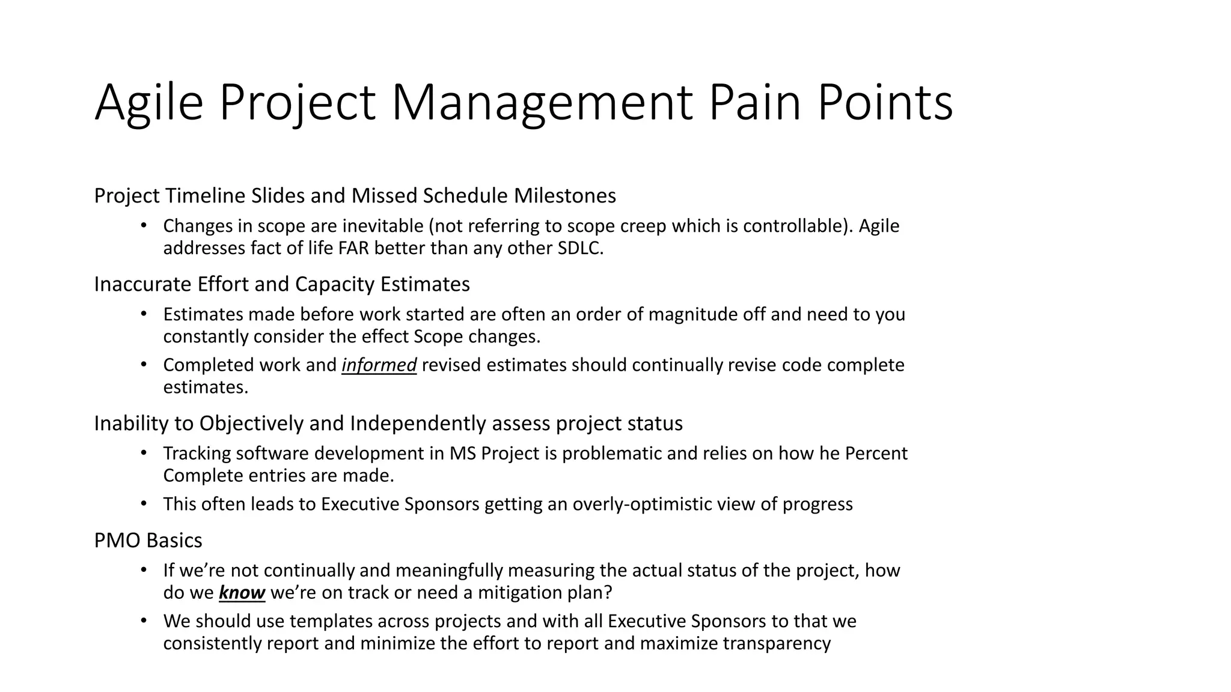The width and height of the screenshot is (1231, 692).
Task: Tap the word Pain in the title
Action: (754, 103)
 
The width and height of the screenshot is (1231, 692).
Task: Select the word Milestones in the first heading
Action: (565, 196)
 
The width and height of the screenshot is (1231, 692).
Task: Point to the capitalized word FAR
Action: (355, 248)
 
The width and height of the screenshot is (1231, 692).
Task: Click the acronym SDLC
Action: (580, 248)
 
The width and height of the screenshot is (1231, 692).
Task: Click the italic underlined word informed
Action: (379, 365)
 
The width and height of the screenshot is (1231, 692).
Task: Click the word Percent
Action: (876, 453)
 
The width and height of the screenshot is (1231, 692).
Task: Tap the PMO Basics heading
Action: (148, 541)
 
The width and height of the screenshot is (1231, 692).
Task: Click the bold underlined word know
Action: (242, 593)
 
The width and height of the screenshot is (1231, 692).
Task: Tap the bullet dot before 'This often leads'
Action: (143, 503)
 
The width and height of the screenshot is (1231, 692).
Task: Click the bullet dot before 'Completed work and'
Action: (143, 364)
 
